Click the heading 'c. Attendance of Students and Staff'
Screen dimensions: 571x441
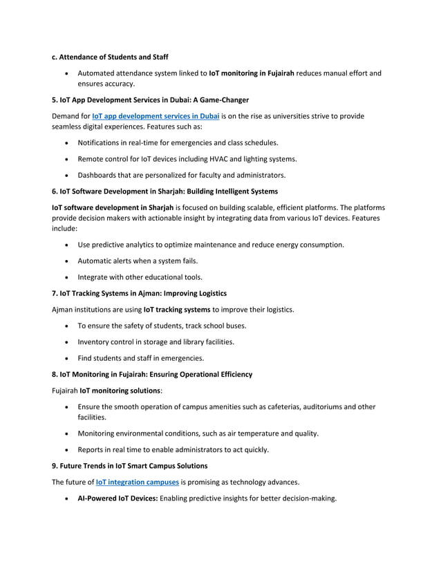pyautogui.click(x=110, y=57)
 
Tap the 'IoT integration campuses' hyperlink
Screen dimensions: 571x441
pyautogui.click(x=137, y=481)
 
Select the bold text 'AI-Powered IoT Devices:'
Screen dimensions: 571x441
pyautogui.click(x=118, y=497)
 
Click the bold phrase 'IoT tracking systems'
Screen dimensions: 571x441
pyautogui.click(x=177, y=309)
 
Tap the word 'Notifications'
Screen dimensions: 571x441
pyautogui.click(x=100, y=142)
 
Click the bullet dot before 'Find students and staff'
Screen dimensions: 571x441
pyautogui.click(x=66, y=358)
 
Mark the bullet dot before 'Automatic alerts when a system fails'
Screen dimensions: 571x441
pyautogui.click(x=66, y=261)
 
